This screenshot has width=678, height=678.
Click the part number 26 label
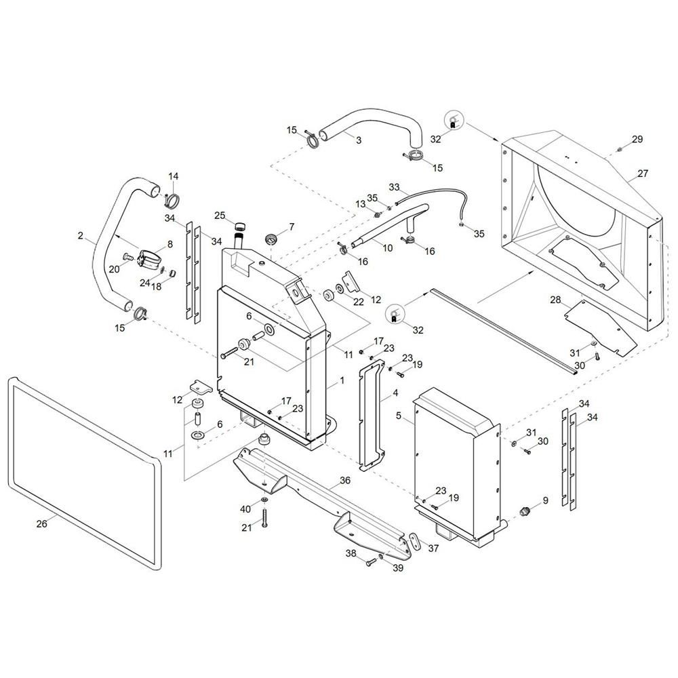click(41, 523)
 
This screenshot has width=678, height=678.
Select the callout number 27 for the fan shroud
click(643, 173)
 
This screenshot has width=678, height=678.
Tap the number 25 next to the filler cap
click(220, 215)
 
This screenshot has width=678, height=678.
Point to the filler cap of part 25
click(240, 226)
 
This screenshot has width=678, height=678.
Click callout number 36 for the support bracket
click(345, 481)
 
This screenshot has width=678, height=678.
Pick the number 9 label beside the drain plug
click(546, 500)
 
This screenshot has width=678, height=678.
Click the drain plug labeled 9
click(524, 512)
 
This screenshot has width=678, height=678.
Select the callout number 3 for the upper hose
click(359, 140)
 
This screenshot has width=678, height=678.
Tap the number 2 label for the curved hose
click(81, 236)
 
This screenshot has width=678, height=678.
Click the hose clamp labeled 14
click(172, 200)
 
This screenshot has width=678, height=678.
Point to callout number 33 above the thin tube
click(395, 187)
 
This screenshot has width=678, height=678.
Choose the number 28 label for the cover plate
click(555, 300)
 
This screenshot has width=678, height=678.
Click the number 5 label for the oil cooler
click(399, 416)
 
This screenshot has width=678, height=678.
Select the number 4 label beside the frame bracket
click(395, 393)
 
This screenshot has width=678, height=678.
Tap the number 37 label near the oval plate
click(433, 549)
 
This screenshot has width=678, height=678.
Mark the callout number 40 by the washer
click(245, 509)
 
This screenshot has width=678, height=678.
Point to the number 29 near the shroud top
click(637, 139)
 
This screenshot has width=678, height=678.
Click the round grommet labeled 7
click(271, 237)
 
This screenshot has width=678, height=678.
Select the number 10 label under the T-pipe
click(388, 247)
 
